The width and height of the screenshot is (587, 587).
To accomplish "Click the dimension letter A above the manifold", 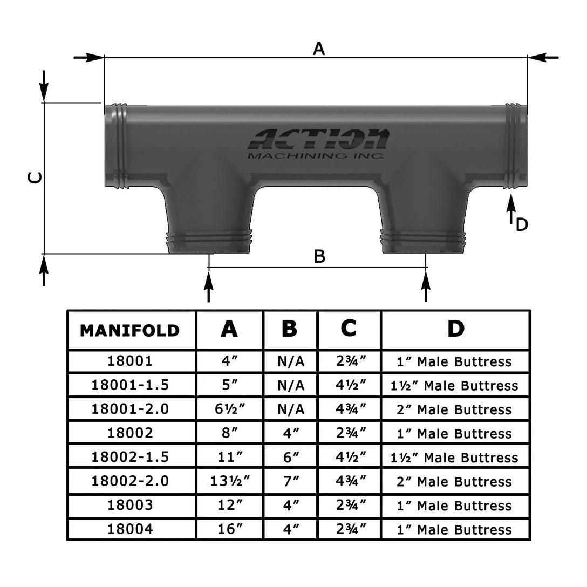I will pos(319,49).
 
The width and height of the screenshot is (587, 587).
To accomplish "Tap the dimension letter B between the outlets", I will pos(319,257).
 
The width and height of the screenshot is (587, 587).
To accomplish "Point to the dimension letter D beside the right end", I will pos(521,224).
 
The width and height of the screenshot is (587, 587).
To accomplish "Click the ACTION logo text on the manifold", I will pos(318,140).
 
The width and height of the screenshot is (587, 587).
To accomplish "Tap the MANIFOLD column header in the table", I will pos(129,330).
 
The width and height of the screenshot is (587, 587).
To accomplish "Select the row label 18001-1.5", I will pos(129,385).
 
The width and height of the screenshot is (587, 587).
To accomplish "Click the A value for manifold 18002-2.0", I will pos(229,481).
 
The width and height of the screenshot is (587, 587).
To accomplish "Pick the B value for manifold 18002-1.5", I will pos(290,458).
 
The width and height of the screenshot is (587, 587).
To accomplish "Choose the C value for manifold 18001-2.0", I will pos(349,409).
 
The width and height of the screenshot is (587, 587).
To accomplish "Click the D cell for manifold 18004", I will pos(454,529).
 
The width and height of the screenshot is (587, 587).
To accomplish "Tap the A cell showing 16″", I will pos(229,529).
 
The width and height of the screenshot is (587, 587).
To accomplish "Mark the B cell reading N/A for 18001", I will pos(290,361).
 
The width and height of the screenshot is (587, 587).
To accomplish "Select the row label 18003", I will pos(129,506).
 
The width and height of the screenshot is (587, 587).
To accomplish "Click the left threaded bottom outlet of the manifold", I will pos(211,240).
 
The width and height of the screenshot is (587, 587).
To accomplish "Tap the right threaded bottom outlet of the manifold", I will pos(424,240).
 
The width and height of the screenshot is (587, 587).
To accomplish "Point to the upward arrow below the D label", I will pos(511,209).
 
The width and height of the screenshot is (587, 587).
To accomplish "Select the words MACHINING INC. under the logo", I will pos(315,156).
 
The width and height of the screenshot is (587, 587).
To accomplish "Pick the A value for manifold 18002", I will pos(229,433).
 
